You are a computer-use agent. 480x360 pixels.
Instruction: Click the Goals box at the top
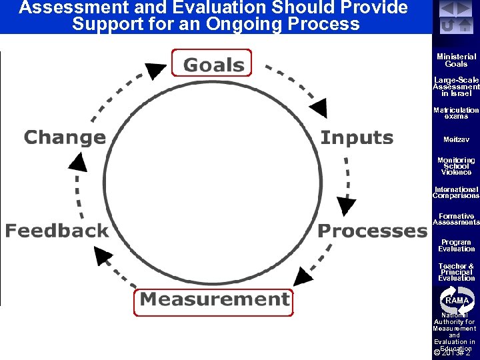[x=213, y=64]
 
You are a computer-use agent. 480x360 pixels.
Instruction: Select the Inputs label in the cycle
[x=357, y=138]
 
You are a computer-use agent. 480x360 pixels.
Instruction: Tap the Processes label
[x=372, y=231]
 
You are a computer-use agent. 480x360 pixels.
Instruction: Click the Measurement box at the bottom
[x=214, y=300]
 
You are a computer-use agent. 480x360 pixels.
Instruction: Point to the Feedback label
[x=57, y=231]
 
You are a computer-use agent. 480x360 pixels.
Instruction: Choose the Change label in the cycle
[x=65, y=138]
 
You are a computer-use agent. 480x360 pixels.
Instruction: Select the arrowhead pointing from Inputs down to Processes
[x=346, y=205]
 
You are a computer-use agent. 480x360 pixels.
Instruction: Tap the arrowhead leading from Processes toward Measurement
[x=304, y=275]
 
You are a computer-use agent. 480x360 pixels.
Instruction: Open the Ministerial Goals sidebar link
[x=456, y=61]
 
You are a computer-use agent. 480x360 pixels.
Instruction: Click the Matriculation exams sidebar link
[x=456, y=113]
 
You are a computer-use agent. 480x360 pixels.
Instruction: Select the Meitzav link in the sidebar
[x=456, y=140]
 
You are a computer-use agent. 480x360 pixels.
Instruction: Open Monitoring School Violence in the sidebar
[x=456, y=166]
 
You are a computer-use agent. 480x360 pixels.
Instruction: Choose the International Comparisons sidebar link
[x=456, y=193]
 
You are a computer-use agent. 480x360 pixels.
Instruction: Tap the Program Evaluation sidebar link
[x=456, y=245]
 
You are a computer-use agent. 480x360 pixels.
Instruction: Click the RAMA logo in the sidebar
[x=456, y=300]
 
